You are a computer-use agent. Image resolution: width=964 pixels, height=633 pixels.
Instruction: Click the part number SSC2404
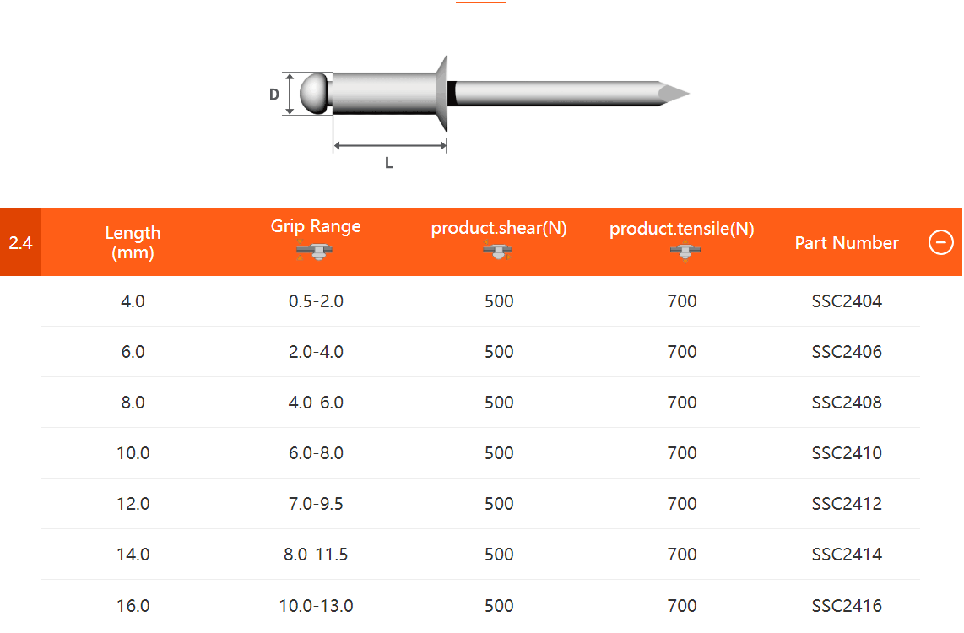coord(847,301)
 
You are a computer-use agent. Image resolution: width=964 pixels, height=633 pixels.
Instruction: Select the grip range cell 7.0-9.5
coord(316,504)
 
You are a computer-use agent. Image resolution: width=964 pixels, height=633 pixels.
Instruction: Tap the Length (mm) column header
coord(133,242)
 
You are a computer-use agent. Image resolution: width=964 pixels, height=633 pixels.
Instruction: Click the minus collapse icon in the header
coord(940,243)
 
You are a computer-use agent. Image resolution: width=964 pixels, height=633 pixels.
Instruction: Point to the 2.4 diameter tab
coord(20,243)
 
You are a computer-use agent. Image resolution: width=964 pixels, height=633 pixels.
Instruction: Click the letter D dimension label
coord(274,95)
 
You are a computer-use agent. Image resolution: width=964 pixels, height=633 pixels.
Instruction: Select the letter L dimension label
coord(389,164)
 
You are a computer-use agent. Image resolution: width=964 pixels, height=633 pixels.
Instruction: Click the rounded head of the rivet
coord(314,94)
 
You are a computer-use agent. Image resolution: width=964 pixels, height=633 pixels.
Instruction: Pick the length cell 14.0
coord(133,555)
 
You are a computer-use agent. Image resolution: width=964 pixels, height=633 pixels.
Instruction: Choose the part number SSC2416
coord(847,605)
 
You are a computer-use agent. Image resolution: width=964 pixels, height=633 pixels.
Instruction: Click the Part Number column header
coord(847,243)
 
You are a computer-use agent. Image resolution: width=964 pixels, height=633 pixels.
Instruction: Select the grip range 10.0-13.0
coord(316,605)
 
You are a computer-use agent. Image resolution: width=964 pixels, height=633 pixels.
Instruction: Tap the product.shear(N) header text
coord(499,229)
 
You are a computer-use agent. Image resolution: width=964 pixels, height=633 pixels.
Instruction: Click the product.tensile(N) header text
coord(682,229)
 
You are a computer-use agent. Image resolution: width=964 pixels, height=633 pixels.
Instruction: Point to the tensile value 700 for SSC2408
coord(682,403)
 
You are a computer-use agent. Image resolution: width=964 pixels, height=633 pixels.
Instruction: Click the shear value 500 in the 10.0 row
coord(499,453)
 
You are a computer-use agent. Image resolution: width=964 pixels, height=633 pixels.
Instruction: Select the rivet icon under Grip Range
coord(316,252)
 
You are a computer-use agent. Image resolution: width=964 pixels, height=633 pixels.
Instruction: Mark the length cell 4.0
coord(133,301)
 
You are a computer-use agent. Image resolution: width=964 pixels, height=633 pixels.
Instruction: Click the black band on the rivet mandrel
coord(452,93)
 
